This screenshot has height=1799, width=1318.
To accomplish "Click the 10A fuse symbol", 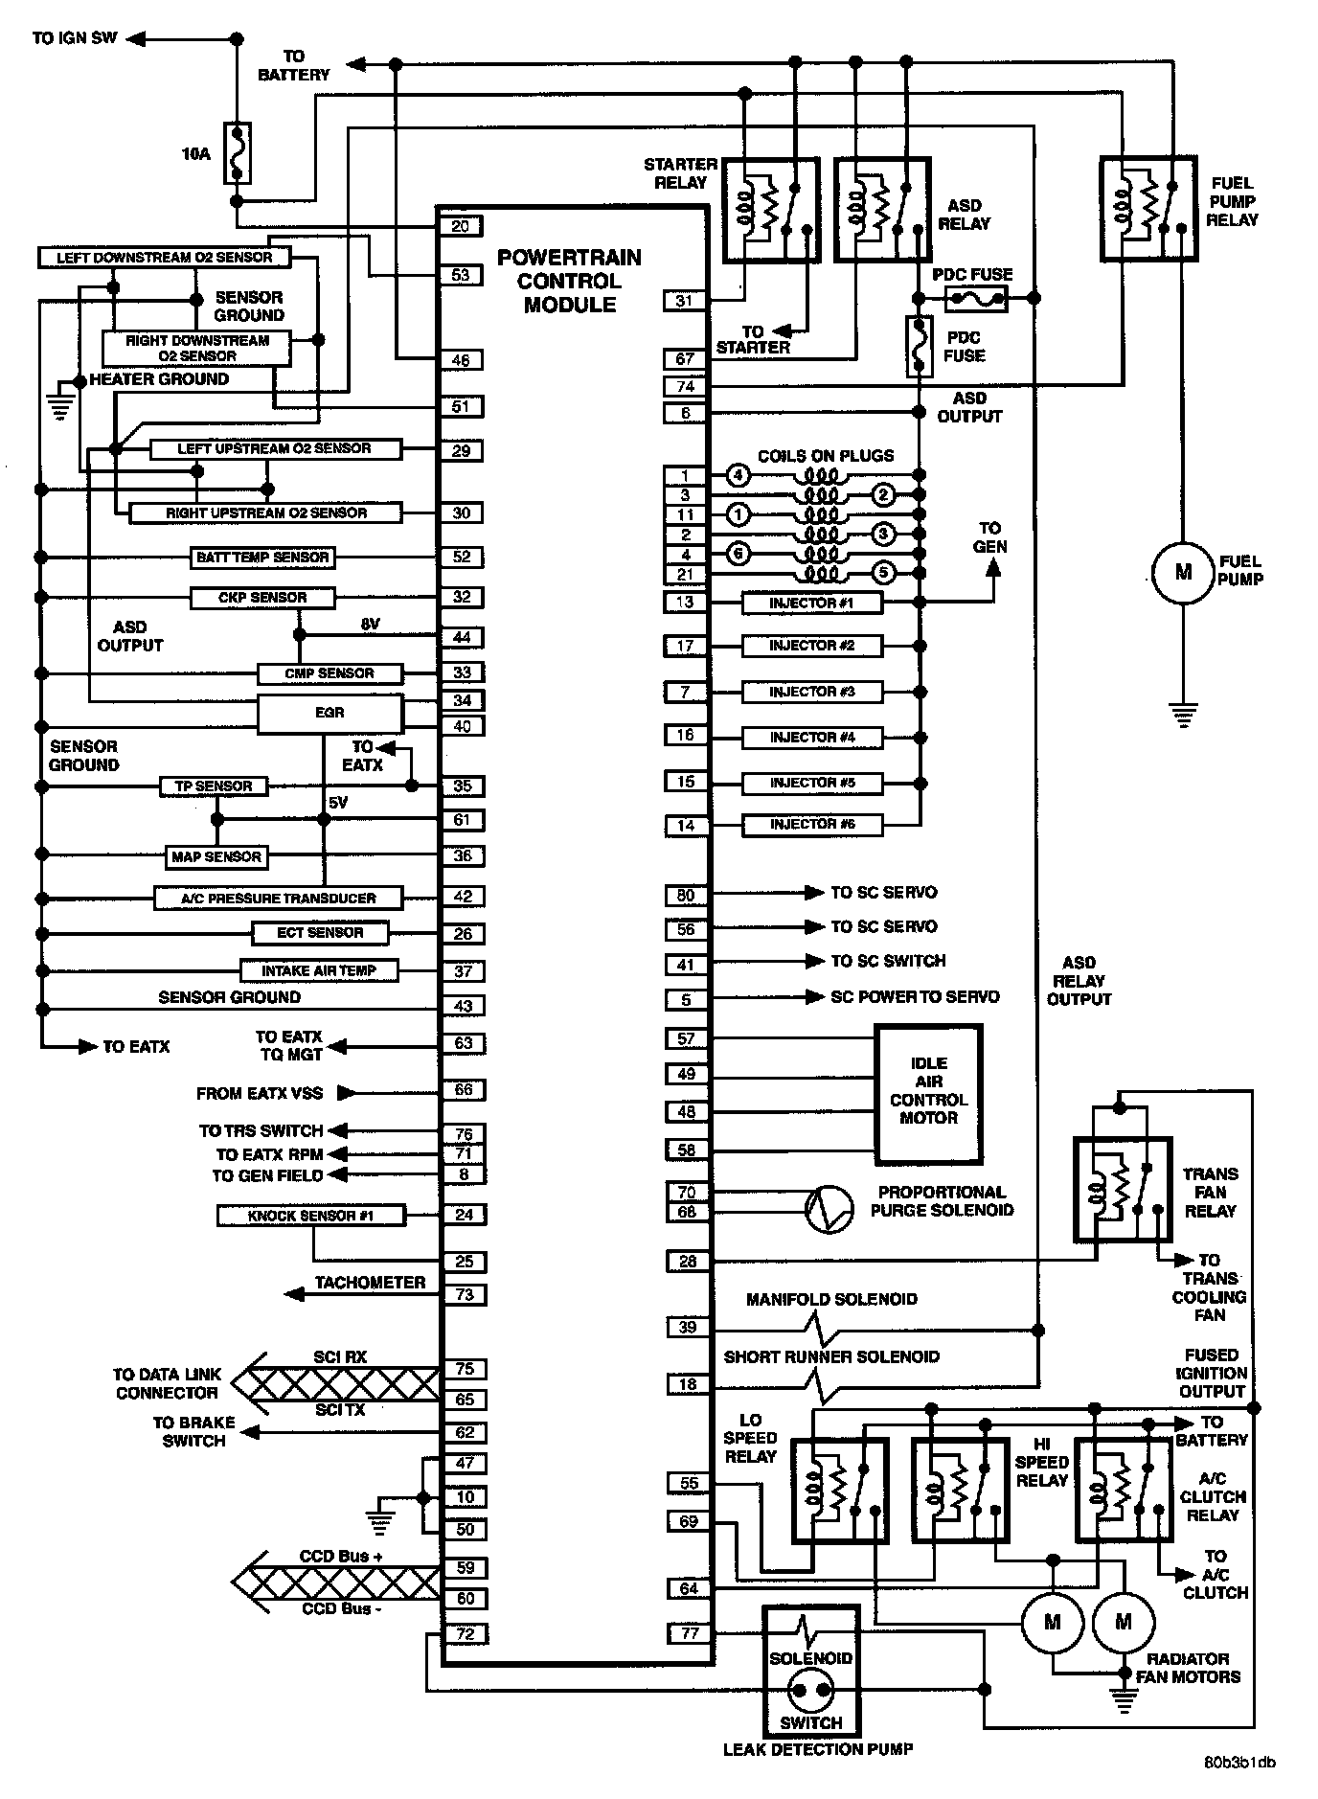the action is pyautogui.click(x=238, y=152).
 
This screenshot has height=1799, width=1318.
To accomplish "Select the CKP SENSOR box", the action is pyautogui.click(x=262, y=598).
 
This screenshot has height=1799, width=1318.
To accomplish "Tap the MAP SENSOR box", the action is pyautogui.click(x=216, y=856).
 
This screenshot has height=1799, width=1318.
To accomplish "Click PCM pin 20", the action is pyautogui.click(x=461, y=226).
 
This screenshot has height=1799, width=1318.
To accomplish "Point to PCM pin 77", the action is pyautogui.click(x=690, y=1633).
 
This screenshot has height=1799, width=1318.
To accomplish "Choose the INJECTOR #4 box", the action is pyautogui.click(x=812, y=738).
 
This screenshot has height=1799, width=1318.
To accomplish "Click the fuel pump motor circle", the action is pyautogui.click(x=1182, y=573).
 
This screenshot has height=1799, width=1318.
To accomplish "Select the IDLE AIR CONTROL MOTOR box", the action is pyautogui.click(x=928, y=1093).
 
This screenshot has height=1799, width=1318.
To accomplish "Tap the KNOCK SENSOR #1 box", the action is pyautogui.click(x=310, y=1216).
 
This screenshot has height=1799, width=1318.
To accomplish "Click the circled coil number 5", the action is pyautogui.click(x=883, y=573).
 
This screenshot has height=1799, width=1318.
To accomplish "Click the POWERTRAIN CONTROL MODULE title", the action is pyautogui.click(x=569, y=281).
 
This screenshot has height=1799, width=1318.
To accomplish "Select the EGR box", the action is pyautogui.click(x=329, y=714).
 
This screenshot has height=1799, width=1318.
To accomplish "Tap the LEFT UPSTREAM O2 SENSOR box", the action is pyautogui.click(x=274, y=448).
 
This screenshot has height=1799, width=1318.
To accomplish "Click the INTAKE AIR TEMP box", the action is pyautogui.click(x=318, y=970).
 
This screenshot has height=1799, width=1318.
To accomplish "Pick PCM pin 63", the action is pyautogui.click(x=464, y=1042).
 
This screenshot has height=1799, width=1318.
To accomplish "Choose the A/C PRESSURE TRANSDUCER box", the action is pyautogui.click(x=279, y=899).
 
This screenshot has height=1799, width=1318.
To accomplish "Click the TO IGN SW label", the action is pyautogui.click(x=74, y=38).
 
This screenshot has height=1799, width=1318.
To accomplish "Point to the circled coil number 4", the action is pyautogui.click(x=737, y=474).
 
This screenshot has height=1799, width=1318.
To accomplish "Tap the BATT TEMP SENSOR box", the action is pyautogui.click(x=262, y=558).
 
